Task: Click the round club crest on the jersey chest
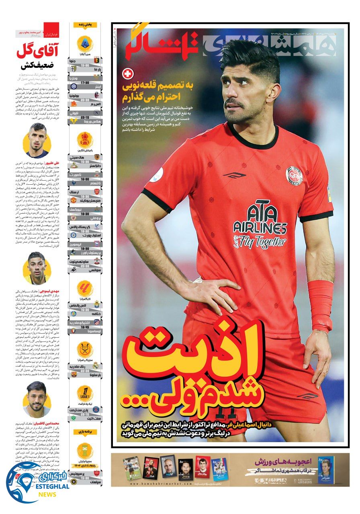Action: click(294, 175)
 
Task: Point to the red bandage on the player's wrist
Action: click(320, 306)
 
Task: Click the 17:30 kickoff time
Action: click(85, 82)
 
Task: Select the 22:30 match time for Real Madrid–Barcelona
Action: click(85, 371)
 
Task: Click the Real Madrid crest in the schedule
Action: click(96, 365)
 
